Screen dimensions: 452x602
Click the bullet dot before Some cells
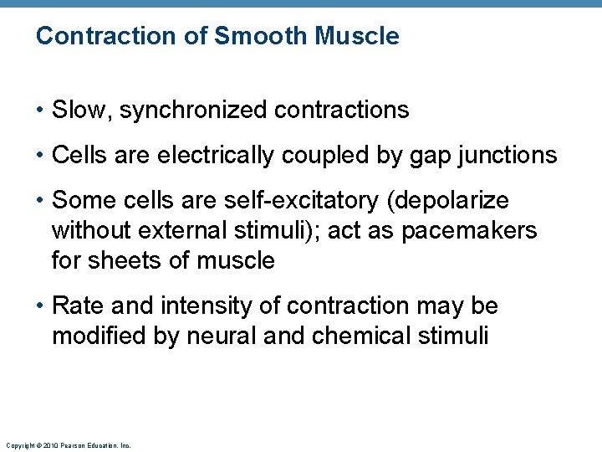click(40, 201)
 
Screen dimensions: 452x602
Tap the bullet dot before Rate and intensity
click(40, 306)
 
